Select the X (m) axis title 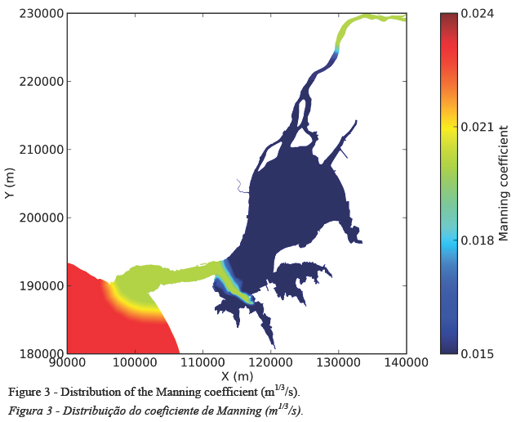pyautogui.click(x=237, y=376)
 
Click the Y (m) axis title pyautogui.click(x=10, y=184)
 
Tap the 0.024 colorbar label pyautogui.click(x=478, y=14)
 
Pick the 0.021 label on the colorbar pyautogui.click(x=478, y=127)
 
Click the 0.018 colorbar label pyautogui.click(x=478, y=240)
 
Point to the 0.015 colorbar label pyautogui.click(x=478, y=352)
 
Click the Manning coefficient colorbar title pyautogui.click(x=504, y=184)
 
